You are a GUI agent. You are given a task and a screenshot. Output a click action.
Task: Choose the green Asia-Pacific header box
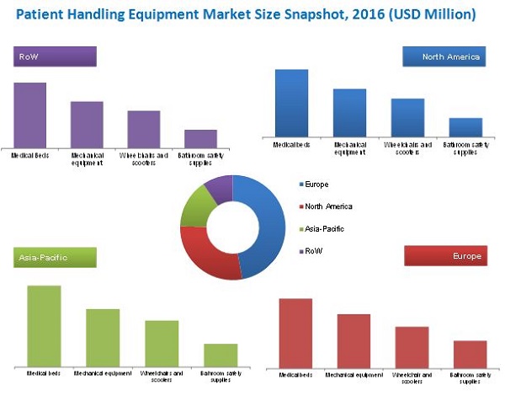pyautogui.click(x=54, y=257)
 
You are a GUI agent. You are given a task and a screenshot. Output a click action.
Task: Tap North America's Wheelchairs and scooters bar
pyautogui.click(x=407, y=117)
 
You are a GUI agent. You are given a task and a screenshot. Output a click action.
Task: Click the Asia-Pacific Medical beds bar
pyautogui.click(x=44, y=325)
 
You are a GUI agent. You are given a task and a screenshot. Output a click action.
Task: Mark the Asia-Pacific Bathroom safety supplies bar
pyautogui.click(x=221, y=354)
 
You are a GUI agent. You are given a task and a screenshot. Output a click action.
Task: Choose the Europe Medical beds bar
pyautogui.click(x=295, y=333)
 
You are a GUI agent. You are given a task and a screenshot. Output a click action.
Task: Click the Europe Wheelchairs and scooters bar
pyautogui.click(x=412, y=346)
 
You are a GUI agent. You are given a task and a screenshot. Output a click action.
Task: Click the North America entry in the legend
pyautogui.click(x=328, y=206)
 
